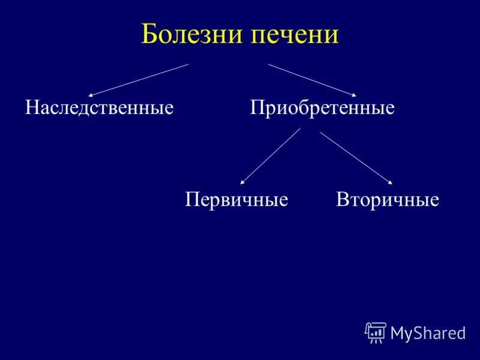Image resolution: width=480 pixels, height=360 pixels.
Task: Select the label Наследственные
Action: point(99,108)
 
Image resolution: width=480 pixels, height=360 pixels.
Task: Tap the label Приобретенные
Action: point(322,108)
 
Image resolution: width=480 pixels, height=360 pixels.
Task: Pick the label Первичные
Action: point(236,199)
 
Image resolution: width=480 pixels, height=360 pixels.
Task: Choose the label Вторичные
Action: point(388,199)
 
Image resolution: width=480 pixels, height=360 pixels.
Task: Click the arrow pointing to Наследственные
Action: point(139,80)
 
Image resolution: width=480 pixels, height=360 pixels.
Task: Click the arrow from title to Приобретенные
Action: point(312,80)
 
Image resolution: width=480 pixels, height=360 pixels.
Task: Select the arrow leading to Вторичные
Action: point(356,158)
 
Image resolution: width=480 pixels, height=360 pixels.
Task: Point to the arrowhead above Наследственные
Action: point(91,95)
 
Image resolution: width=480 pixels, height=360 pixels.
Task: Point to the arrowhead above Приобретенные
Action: point(354,95)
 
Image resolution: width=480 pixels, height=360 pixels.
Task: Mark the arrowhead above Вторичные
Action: point(390,182)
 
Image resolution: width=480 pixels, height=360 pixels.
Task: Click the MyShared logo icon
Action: point(375,332)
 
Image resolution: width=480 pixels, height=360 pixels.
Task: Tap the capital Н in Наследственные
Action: point(31,108)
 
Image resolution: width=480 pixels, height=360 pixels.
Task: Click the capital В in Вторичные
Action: point(342,199)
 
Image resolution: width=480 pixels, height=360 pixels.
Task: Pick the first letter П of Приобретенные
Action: point(256,108)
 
